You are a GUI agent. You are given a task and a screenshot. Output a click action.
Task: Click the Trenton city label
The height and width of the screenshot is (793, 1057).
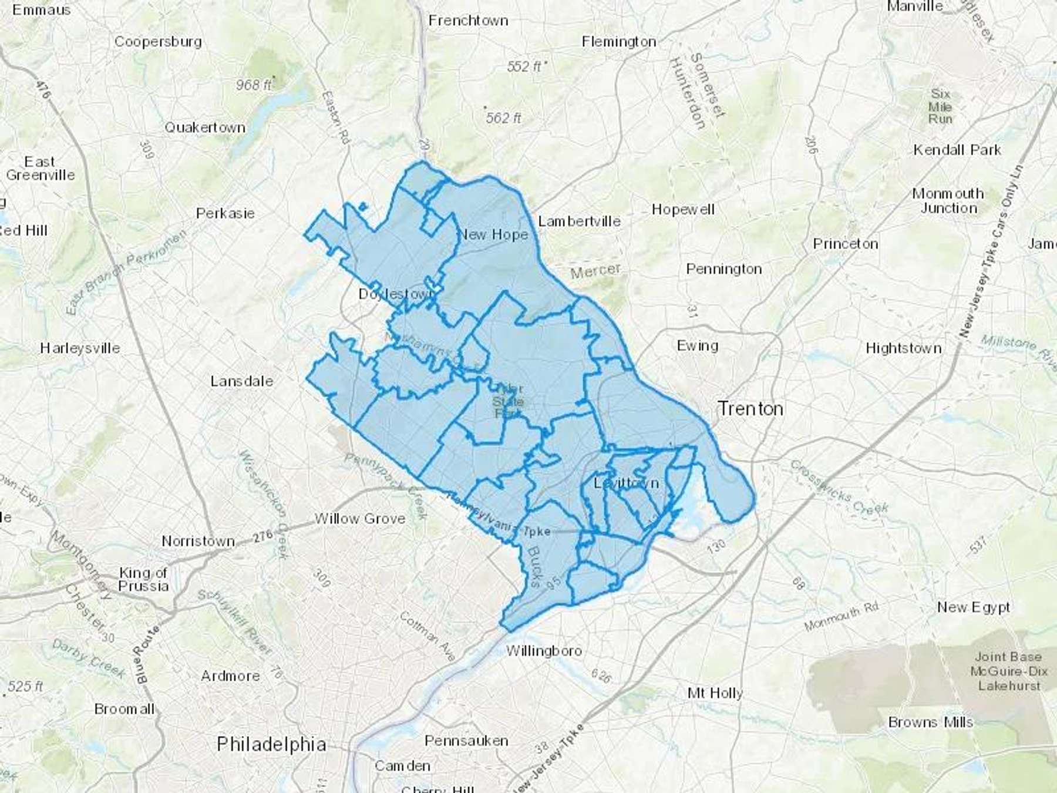tap(750, 408)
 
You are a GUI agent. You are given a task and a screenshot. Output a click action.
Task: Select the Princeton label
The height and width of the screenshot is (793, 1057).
tap(845, 244)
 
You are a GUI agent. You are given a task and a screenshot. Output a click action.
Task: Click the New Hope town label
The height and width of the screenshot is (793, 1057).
tap(493, 234)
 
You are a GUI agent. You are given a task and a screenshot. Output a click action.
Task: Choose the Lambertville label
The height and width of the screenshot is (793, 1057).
tap(579, 221)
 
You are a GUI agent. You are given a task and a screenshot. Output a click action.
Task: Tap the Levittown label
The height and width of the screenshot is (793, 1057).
tap(626, 483)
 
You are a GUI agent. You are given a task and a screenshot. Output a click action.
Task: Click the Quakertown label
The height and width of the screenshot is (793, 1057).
tap(204, 127)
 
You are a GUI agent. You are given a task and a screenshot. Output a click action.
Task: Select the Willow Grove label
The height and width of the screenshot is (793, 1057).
tap(360, 519)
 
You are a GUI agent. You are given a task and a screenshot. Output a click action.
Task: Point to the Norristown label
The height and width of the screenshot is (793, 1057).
tap(198, 540)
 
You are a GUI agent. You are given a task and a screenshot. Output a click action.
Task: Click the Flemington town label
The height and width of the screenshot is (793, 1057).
tap(619, 42)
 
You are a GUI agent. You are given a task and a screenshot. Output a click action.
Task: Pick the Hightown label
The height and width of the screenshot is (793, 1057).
tap(903, 348)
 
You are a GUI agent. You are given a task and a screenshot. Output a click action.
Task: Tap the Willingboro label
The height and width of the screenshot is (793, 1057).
tap(544, 651)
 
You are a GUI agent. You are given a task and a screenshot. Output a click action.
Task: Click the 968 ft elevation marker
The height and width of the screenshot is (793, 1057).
tap(254, 85)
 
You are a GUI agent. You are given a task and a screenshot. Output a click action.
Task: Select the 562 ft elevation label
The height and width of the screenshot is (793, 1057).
tap(503, 118)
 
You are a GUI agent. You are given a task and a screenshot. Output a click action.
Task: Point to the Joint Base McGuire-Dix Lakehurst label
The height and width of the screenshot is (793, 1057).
tap(1009, 671)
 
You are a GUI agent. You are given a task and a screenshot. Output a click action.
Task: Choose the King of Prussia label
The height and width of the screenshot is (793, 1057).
tap(143, 579)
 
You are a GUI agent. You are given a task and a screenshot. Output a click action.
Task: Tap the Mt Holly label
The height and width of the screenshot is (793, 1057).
tap(715, 693)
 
